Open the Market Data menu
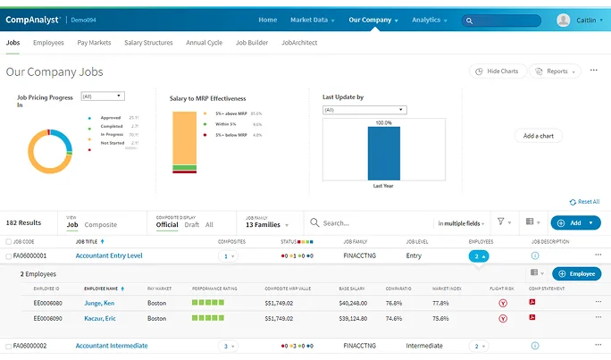click(312, 20)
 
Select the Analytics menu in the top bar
click(430, 20)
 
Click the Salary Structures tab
click(149, 42)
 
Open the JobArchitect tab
click(299, 42)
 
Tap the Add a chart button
click(539, 136)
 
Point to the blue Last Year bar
click(383, 154)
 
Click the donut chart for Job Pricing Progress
click(49, 150)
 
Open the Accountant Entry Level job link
click(109, 256)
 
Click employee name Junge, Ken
click(99, 304)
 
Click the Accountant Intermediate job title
click(112, 346)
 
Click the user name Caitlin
click(586, 21)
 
